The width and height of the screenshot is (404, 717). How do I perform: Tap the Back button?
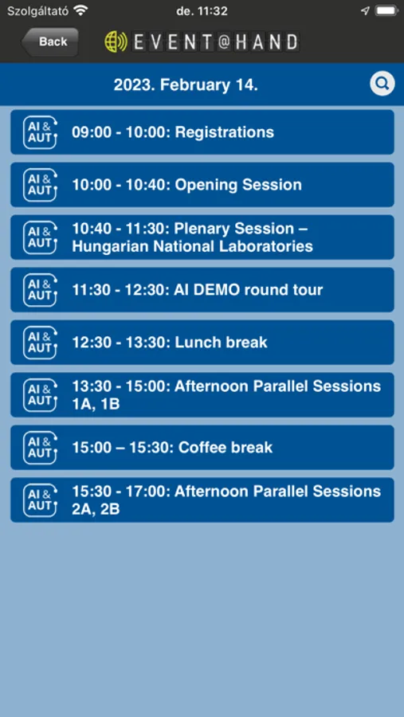[x=50, y=41]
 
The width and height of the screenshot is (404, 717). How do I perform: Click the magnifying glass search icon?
[x=382, y=84]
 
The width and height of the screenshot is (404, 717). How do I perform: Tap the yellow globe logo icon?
[x=116, y=41]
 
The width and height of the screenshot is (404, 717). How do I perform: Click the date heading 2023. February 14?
[x=186, y=85]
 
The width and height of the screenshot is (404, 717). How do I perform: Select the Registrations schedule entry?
[x=202, y=132]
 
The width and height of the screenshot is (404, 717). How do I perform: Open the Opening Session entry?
[x=202, y=185]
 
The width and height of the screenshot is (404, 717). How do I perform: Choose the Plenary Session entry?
[x=202, y=237]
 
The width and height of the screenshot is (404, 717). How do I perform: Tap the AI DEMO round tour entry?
[x=202, y=290]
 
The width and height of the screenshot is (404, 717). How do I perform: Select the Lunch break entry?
[x=202, y=343]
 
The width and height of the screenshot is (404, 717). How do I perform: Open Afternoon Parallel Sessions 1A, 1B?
[x=202, y=395]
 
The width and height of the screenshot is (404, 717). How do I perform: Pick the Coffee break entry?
[x=202, y=448]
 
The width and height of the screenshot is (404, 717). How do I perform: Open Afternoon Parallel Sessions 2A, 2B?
[x=202, y=500]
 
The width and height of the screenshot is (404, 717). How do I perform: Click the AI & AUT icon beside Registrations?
[x=41, y=132]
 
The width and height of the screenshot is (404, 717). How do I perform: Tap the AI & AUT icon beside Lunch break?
[x=41, y=343]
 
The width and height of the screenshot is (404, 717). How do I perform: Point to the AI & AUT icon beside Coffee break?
[x=41, y=448]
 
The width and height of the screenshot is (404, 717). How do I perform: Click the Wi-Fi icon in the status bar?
[x=80, y=10]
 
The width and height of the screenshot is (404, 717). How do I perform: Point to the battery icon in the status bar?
[x=386, y=10]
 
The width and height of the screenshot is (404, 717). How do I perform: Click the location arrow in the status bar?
[x=365, y=10]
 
